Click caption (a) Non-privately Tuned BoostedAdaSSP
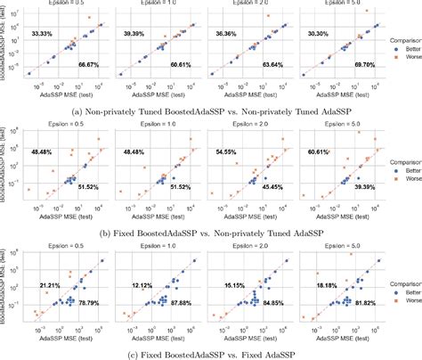195,112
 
